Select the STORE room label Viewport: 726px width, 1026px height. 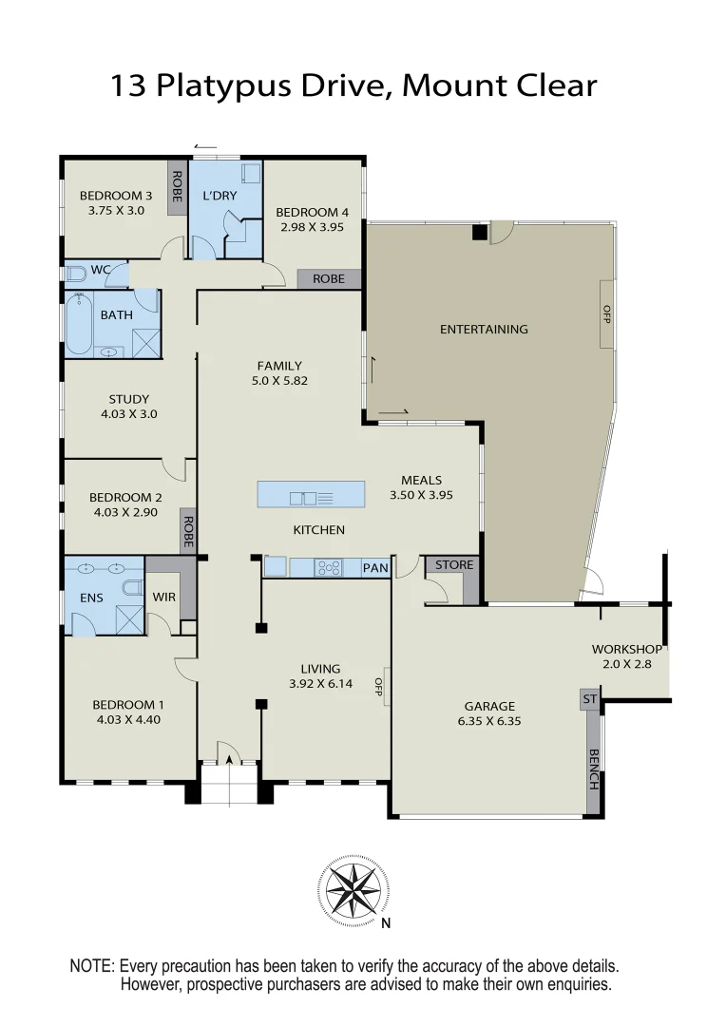453,565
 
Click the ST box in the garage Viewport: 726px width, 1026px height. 589,700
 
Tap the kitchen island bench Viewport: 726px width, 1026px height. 311,495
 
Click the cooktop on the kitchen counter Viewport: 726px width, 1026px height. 328,568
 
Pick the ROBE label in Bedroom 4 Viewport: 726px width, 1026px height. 329,279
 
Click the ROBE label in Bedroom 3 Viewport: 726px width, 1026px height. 177,186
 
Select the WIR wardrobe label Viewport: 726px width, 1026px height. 162,598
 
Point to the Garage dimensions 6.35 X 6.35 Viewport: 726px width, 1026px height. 489,721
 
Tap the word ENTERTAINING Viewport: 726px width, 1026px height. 484,330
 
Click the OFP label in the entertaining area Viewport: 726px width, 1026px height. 605,313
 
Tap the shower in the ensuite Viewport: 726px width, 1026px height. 127,619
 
